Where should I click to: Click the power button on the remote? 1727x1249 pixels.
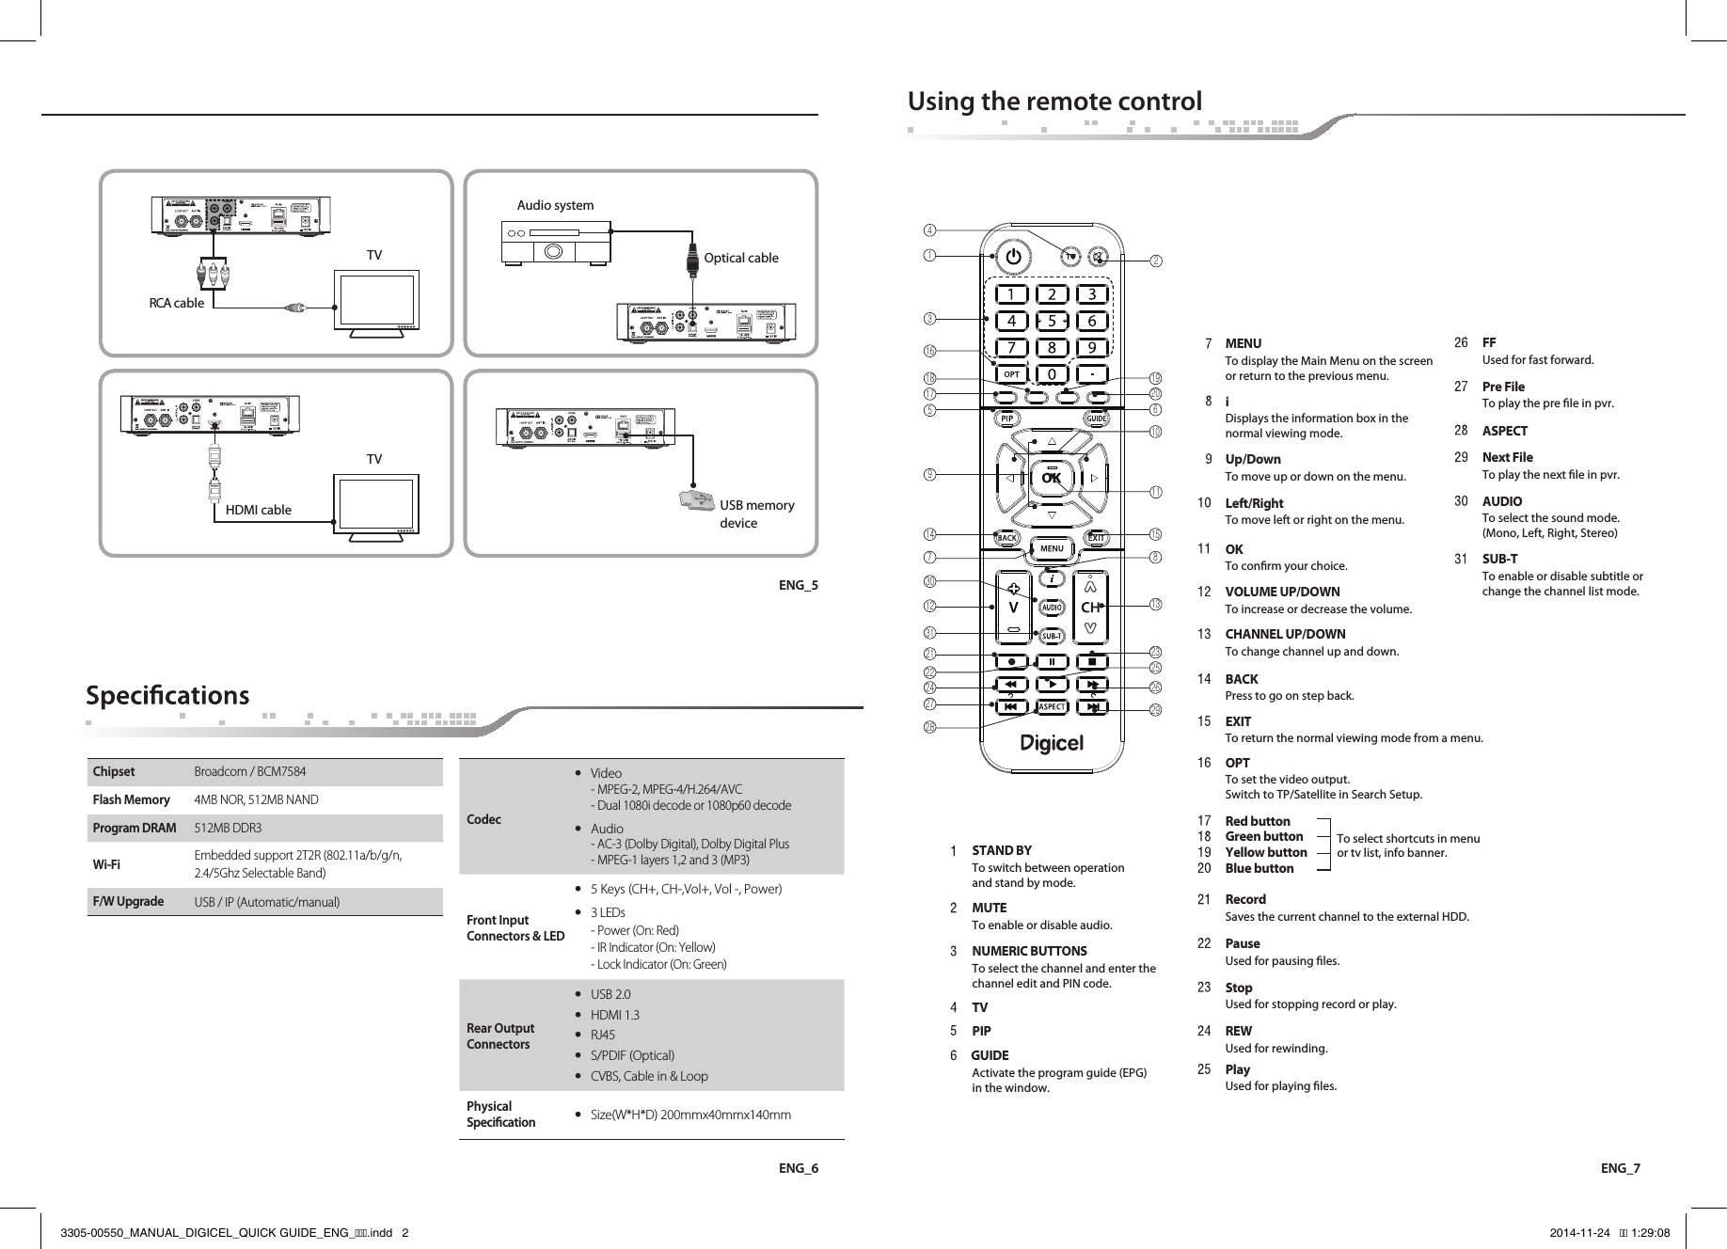coord(1012,256)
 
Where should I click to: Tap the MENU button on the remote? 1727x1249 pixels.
coord(1052,548)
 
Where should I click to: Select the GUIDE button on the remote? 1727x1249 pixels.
coord(1097,418)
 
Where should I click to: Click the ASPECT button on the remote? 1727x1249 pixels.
coord(1052,707)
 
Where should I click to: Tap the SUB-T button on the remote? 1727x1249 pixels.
coord(1052,636)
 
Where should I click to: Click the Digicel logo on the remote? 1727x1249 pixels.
coord(1052,744)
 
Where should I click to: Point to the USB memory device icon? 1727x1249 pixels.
coord(696,501)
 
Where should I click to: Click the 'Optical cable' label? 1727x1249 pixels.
coord(741,258)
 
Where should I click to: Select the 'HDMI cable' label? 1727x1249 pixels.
coord(259,510)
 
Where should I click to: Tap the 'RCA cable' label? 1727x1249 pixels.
coord(176,303)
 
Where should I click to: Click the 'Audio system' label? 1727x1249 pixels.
coord(556,205)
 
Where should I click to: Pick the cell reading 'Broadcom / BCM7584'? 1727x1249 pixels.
coord(249,772)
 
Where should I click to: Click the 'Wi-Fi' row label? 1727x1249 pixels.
coord(105,864)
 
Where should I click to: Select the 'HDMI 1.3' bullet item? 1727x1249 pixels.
coord(614,1015)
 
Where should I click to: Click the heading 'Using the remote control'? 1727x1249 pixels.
coord(1054,101)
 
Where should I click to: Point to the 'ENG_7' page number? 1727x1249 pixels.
coord(1620,1168)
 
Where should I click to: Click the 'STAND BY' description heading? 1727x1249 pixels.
coord(1001,850)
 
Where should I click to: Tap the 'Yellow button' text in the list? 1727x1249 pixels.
coord(1265,852)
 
